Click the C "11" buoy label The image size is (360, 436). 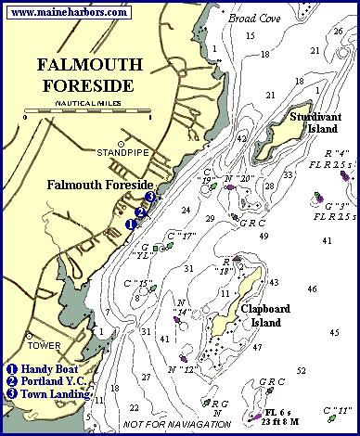point(335,409)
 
